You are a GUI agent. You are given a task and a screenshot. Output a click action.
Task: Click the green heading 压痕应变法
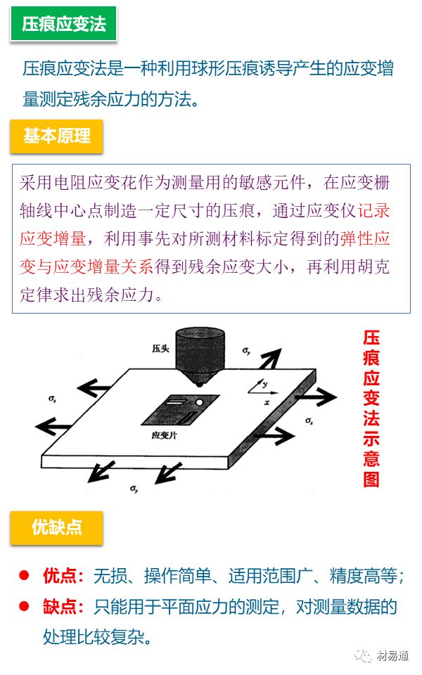pyautogui.click(x=63, y=24)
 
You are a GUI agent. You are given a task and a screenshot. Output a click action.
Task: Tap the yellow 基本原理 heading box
pyautogui.click(x=56, y=136)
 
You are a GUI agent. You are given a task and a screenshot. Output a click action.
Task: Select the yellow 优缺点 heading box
pyautogui.click(x=56, y=527)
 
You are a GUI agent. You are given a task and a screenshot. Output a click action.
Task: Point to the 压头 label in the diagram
pyautogui.click(x=160, y=348)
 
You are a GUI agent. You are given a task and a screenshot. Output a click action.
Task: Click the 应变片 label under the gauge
pyautogui.click(x=164, y=436)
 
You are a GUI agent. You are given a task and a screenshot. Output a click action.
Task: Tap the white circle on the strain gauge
pyautogui.click(x=199, y=402)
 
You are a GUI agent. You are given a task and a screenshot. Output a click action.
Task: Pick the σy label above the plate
pyautogui.click(x=246, y=351)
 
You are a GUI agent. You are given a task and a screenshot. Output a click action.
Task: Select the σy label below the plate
pyautogui.click(x=134, y=489)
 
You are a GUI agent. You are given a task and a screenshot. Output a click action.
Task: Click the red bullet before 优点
pyautogui.click(x=24, y=575)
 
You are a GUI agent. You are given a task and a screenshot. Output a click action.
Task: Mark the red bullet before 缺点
pyautogui.click(x=24, y=606)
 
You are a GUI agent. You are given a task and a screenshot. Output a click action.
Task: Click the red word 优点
pyautogui.click(x=59, y=576)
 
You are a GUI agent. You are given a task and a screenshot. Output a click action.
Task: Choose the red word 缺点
pyautogui.click(x=59, y=607)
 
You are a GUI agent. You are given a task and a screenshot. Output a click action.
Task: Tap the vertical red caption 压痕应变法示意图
pyautogui.click(x=371, y=409)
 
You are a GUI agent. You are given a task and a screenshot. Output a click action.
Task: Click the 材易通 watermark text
pyautogui.click(x=392, y=655)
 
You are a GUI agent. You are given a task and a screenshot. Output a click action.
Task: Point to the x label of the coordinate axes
pyautogui.click(x=267, y=402)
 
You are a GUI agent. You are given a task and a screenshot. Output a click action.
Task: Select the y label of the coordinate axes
pyautogui.click(x=265, y=384)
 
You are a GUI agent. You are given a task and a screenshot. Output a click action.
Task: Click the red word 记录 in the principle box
pyautogui.click(x=373, y=210)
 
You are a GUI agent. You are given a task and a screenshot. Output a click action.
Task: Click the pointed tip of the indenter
pyautogui.click(x=199, y=384)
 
